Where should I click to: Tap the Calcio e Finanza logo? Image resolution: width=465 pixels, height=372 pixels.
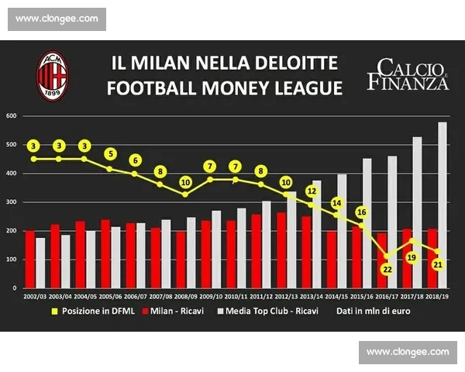click(x=408, y=74)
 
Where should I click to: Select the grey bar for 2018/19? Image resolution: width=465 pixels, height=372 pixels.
click(x=443, y=205)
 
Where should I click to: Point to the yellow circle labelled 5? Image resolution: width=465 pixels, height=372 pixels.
click(x=110, y=153)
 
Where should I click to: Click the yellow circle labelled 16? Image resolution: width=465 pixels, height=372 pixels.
click(x=361, y=212)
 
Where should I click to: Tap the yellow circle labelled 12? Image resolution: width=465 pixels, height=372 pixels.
click(x=311, y=190)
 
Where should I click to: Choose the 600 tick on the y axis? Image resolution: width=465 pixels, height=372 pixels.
click(x=12, y=116)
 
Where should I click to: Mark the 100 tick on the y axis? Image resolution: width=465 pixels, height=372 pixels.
click(x=12, y=260)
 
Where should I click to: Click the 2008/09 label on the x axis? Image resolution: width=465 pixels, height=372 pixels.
click(x=186, y=296)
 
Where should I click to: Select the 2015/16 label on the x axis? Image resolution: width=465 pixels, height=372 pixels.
click(x=362, y=296)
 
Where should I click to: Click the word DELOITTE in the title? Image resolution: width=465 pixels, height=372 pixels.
click(x=291, y=61)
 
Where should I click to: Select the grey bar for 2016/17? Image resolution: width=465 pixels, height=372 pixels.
click(x=392, y=222)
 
